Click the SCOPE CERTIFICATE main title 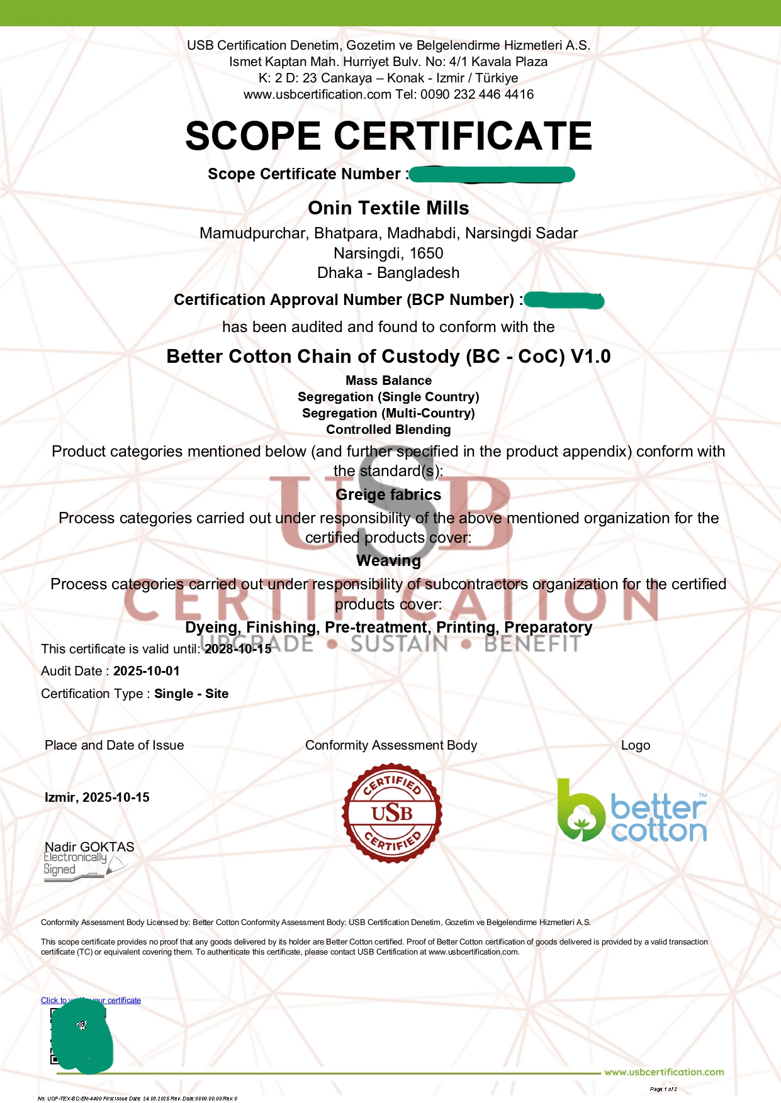click(x=388, y=136)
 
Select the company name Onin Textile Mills click(x=388, y=208)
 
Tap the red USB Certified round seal click(x=391, y=813)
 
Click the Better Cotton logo click(x=632, y=811)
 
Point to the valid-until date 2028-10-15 click(x=238, y=649)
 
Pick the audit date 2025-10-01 click(x=146, y=671)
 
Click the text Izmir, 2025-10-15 click(x=97, y=797)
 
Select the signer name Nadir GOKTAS click(x=89, y=846)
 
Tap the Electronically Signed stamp click(x=76, y=865)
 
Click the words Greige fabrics click(x=388, y=495)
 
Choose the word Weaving click(x=388, y=561)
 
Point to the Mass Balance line click(x=388, y=380)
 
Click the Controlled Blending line click(x=388, y=430)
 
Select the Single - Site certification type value click(x=191, y=694)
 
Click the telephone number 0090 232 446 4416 click(x=477, y=94)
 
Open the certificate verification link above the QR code click(x=91, y=1000)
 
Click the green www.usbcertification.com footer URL click(x=664, y=1072)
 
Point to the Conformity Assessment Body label click(x=391, y=745)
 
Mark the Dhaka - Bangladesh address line click(x=388, y=273)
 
